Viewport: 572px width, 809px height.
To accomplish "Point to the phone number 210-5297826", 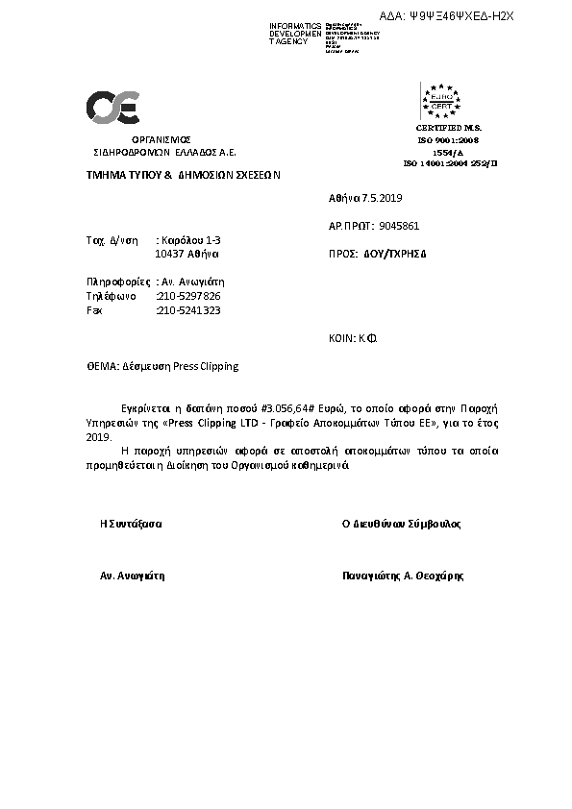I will tap(188, 296).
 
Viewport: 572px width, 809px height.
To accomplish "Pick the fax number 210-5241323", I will tap(188, 310).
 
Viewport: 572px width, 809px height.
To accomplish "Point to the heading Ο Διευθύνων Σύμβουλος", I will tap(402, 525).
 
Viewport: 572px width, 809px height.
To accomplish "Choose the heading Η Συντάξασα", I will tap(131, 525).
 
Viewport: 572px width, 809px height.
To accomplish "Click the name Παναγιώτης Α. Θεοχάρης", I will tap(403, 576).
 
